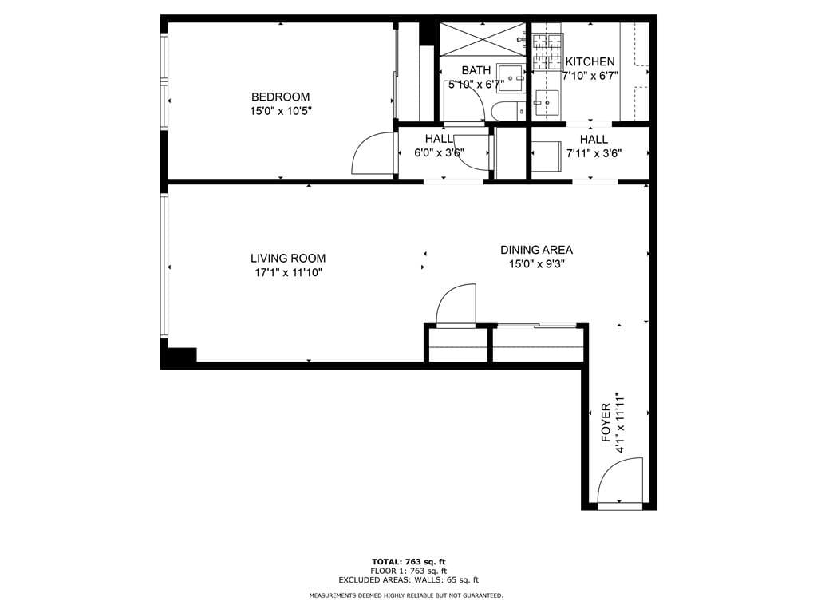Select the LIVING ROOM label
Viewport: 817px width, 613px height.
(288, 258)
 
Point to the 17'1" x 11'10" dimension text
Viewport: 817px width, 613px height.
(288, 272)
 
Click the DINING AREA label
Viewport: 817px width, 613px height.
(536, 250)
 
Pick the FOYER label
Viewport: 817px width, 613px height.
(606, 423)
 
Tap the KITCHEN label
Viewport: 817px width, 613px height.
(590, 62)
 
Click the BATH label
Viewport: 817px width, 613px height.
(476, 70)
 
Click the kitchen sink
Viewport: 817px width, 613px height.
(547, 102)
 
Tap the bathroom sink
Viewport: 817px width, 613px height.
(511, 78)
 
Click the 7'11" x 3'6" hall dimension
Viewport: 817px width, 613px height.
(594, 153)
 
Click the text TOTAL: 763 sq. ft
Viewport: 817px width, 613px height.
(408, 561)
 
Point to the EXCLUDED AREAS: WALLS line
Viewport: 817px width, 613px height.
(408, 580)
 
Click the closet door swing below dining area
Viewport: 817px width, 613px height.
(456, 305)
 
